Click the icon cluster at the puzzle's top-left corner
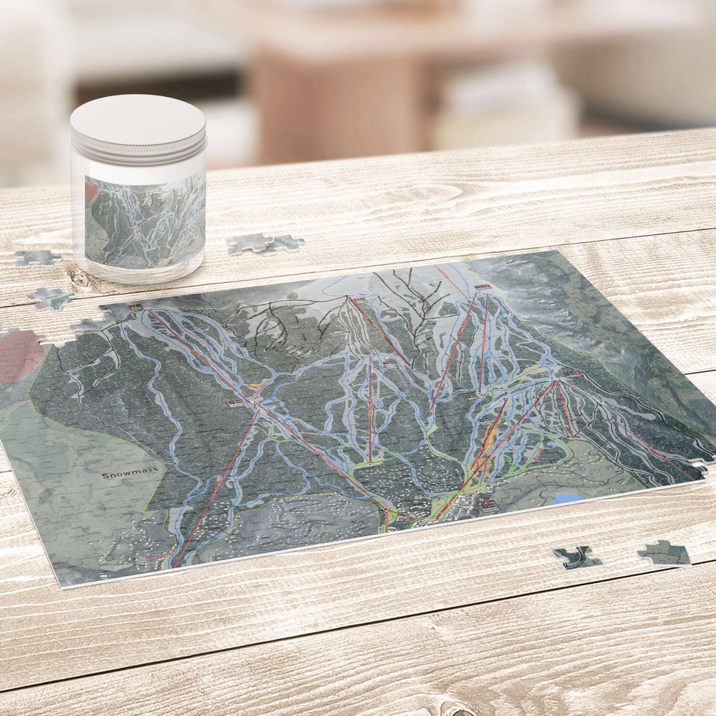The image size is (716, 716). point(135,306)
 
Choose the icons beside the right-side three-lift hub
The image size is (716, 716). point(570,373)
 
